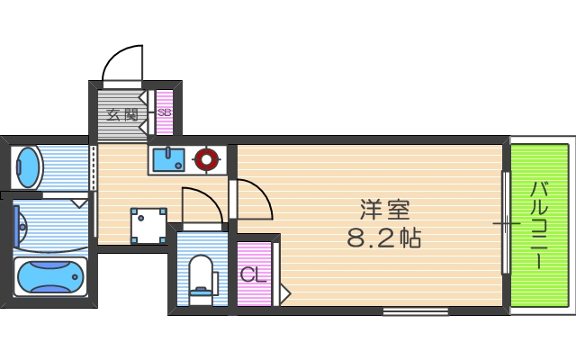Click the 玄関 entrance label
121,114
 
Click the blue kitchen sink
167,160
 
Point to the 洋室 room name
384,211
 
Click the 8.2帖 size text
384,238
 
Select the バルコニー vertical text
539,225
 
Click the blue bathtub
50,275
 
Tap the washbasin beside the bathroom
28,167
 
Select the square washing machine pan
148,225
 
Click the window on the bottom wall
415,311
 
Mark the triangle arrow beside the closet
285,292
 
